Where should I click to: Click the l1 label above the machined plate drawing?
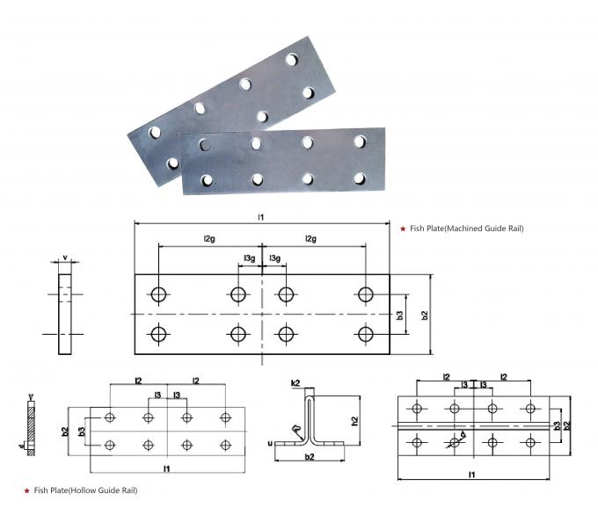click(261, 216)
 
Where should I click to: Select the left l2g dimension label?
click(209, 239)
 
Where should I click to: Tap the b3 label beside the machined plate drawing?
click(400, 315)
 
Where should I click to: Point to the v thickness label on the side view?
click(66, 258)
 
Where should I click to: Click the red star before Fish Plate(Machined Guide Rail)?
click(402, 229)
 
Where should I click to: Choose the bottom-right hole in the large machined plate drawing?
click(365, 334)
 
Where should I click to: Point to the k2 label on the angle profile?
click(295, 384)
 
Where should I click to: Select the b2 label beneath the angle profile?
click(309, 459)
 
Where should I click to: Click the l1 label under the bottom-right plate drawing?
click(471, 475)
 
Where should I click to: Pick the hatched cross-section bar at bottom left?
click(31, 426)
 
